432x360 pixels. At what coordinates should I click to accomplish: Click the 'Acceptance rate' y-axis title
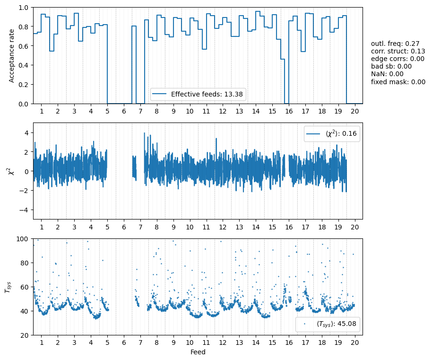click(x=12, y=56)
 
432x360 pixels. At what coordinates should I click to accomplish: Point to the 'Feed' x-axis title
click(x=198, y=352)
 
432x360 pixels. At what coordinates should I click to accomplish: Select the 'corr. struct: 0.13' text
click(x=398, y=51)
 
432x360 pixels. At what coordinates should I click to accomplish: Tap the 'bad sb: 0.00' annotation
click(x=391, y=66)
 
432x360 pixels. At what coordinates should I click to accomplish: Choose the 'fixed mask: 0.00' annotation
click(x=398, y=81)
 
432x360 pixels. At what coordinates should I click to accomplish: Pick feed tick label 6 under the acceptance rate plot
click(x=124, y=111)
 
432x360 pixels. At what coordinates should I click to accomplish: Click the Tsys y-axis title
click(x=8, y=287)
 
